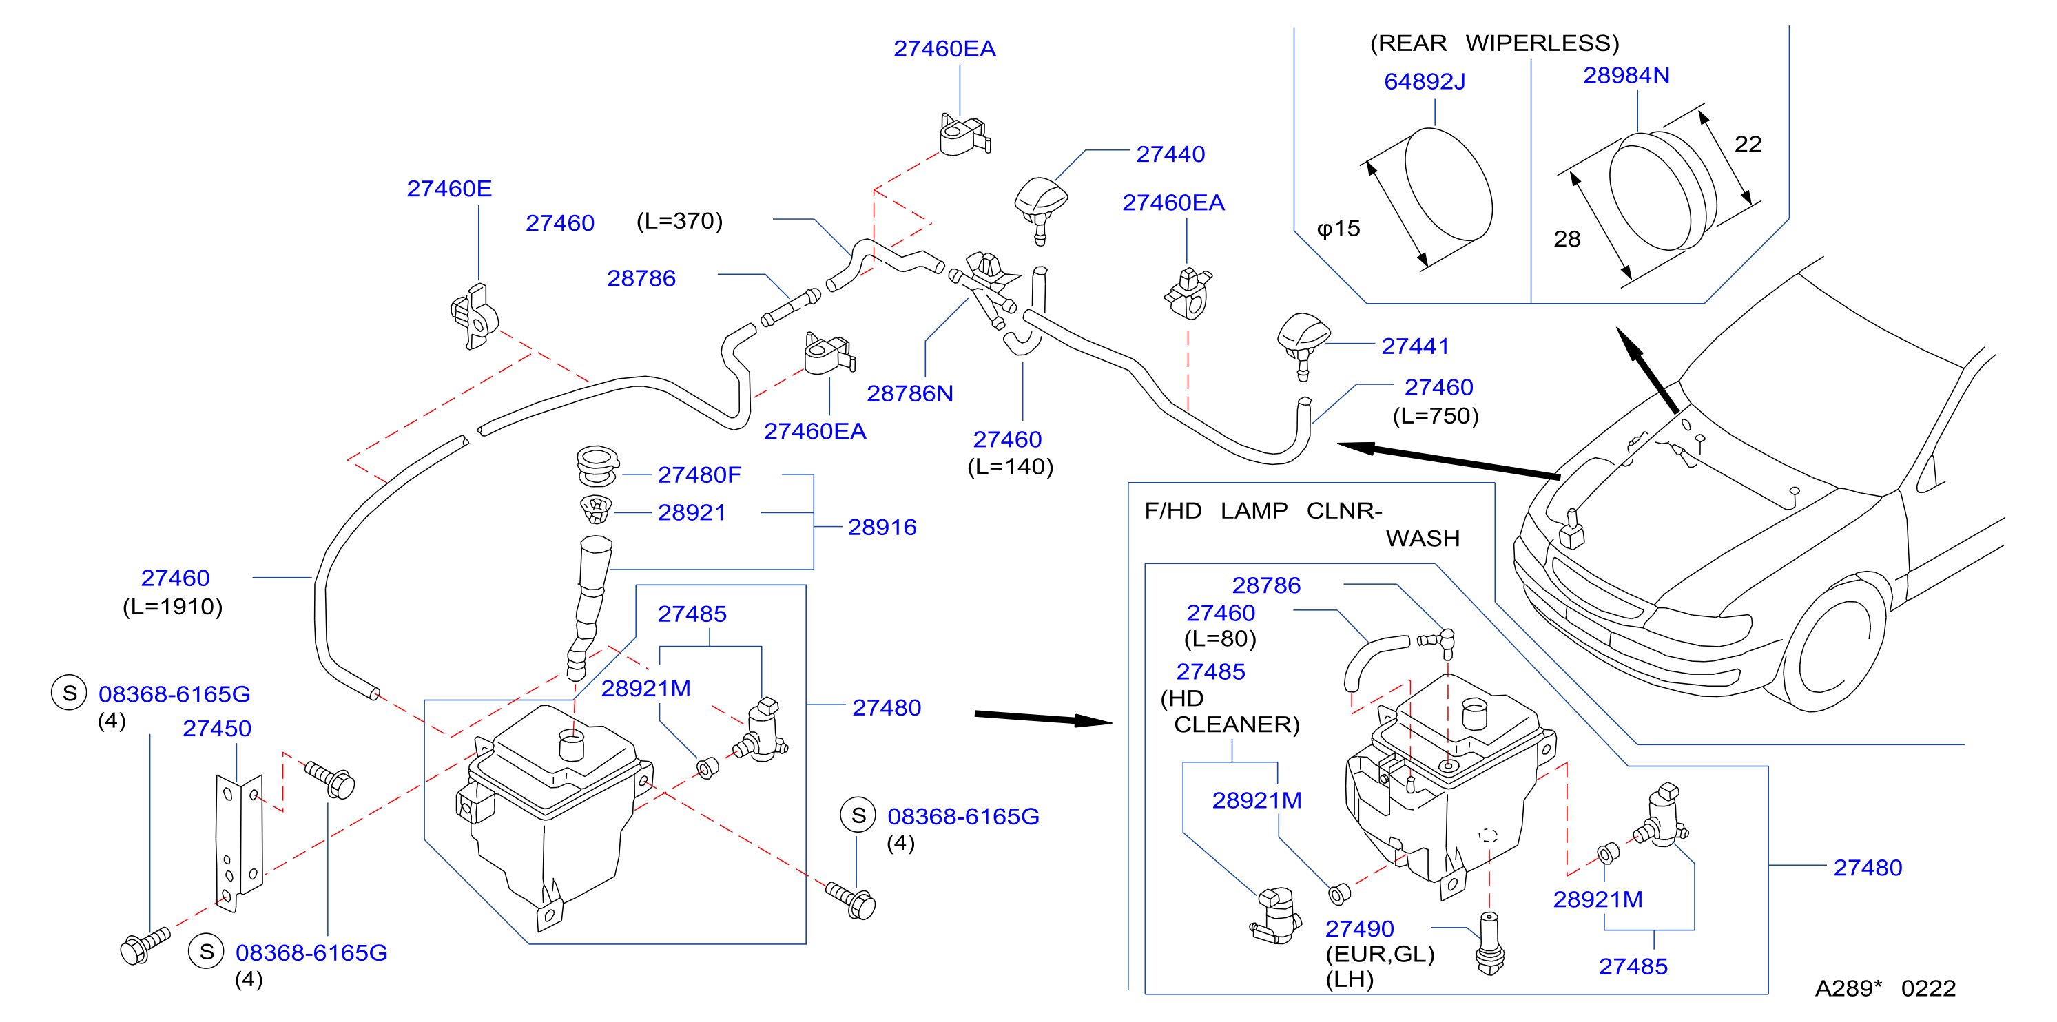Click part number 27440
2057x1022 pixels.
(1170, 154)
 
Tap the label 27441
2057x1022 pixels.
(1415, 346)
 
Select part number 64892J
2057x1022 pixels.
(1424, 81)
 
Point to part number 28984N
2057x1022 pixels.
(1626, 75)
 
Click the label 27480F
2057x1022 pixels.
(699, 475)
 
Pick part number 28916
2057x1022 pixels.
(882, 527)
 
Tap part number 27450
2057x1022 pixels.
(216, 728)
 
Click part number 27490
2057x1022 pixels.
(1359, 928)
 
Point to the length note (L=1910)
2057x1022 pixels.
(172, 607)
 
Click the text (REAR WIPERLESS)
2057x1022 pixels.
(1494, 43)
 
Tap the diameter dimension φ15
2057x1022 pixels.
(1338, 229)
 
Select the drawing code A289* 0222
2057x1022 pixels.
(1885, 988)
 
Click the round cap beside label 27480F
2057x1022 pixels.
(597, 466)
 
